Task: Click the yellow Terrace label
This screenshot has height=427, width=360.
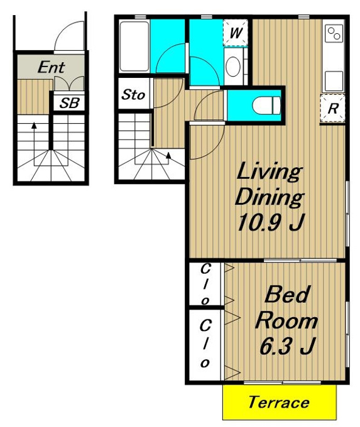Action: point(278,403)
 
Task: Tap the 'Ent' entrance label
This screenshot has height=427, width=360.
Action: point(52,67)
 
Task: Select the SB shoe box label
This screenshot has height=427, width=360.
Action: point(70,103)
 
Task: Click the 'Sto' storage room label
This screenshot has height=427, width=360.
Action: point(133,94)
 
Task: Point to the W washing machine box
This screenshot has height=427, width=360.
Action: point(236,33)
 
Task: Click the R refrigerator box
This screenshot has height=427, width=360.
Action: point(333,109)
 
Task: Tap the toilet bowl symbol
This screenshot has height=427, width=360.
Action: point(266,106)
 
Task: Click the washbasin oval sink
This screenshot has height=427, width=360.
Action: point(233,66)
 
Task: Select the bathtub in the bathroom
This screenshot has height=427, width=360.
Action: point(134,46)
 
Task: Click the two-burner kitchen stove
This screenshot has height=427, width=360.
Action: point(334,33)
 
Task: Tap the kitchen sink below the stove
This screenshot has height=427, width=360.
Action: point(334,81)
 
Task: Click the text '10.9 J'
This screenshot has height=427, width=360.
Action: point(270,222)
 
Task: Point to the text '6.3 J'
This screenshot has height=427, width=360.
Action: point(287,346)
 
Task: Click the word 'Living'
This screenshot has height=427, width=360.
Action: point(269,172)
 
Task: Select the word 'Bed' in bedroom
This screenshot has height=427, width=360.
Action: point(287,295)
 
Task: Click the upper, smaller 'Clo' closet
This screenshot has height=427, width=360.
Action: point(205,284)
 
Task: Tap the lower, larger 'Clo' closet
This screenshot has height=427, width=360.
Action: point(205,344)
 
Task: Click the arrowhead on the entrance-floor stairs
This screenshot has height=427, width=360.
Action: point(34,126)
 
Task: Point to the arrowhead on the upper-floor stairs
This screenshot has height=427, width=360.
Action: point(168,155)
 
